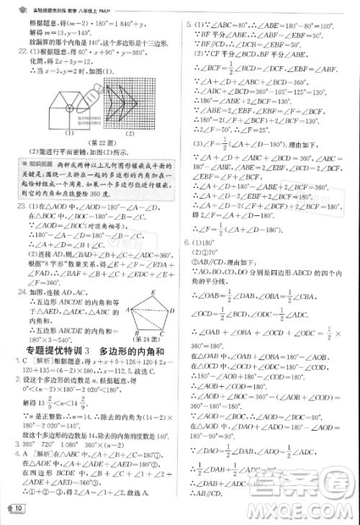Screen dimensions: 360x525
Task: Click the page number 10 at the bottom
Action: (x=19, y=510)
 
